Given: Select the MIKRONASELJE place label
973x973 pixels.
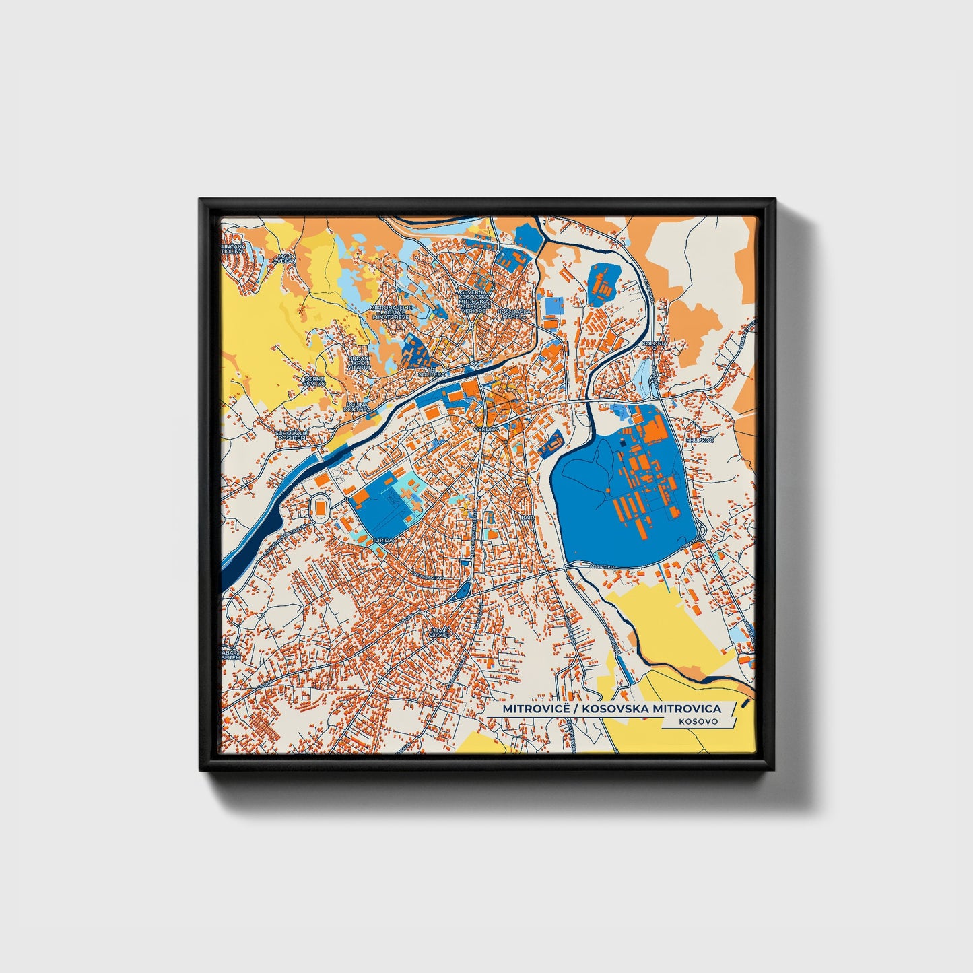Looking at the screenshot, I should (390, 308).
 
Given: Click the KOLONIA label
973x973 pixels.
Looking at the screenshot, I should (654, 343).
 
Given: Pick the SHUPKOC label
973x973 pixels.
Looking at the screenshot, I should (699, 440).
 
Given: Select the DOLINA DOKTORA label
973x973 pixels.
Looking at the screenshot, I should (357, 407).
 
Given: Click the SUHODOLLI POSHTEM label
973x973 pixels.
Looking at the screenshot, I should (292, 435).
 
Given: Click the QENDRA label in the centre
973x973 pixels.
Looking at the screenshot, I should (485, 428).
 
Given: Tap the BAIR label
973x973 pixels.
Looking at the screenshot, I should (528, 517).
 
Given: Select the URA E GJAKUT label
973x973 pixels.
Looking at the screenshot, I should (438, 632).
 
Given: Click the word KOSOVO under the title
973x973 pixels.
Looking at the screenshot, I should (698, 721).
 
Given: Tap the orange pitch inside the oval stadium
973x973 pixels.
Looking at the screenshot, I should (321, 506).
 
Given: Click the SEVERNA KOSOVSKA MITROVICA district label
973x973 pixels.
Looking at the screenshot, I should (476, 296).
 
